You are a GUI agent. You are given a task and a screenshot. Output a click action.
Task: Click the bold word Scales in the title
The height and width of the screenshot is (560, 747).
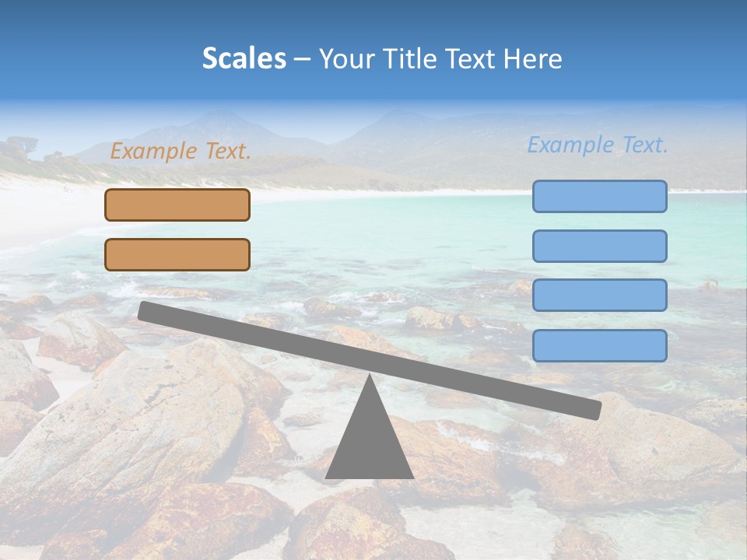point(244,59)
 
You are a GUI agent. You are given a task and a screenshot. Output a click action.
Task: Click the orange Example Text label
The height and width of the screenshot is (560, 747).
point(181,152)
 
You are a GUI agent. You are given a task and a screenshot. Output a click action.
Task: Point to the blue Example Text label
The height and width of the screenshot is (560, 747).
point(598,145)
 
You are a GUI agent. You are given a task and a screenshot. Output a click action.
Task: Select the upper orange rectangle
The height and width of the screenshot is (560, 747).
point(177,205)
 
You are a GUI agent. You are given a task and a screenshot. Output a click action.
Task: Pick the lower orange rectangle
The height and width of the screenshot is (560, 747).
point(177,254)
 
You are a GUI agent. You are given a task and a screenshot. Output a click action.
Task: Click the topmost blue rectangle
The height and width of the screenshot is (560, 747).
point(599,196)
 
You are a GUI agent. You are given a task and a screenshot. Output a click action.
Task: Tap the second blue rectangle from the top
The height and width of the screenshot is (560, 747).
point(599,246)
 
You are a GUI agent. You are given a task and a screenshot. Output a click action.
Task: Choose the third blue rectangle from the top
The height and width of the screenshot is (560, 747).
point(599,296)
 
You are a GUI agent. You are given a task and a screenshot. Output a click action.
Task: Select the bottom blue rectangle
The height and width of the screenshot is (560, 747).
point(599,345)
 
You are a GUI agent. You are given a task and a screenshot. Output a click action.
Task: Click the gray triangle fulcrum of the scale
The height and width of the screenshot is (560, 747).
point(369,443)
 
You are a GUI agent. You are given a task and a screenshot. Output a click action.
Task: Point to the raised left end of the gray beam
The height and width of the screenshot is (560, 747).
point(145,310)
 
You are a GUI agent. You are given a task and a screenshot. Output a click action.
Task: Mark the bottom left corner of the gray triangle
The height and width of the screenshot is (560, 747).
point(327,477)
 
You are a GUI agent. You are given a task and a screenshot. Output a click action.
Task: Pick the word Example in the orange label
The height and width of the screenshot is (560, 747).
point(154,152)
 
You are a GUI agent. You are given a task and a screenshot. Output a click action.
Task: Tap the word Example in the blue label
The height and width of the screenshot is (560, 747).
point(571,145)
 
